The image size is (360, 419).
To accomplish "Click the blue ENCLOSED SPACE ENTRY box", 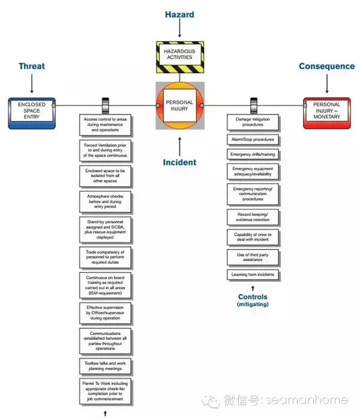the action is pyautogui.click(x=32, y=113).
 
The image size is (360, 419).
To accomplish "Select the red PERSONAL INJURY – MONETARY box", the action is pyautogui.click(x=327, y=113).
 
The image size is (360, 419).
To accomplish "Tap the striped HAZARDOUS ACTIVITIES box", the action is pyautogui.click(x=180, y=57).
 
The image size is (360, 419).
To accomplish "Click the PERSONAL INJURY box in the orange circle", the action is pyautogui.click(x=179, y=105).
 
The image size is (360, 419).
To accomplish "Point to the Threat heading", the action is pyautogui.click(x=32, y=66).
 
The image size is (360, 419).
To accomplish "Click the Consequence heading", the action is pyautogui.click(x=327, y=66).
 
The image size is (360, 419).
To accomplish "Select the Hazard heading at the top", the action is pyautogui.click(x=179, y=14).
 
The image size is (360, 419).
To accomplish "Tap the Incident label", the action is pyautogui.click(x=179, y=162).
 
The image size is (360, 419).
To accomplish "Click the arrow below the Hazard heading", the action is pyautogui.click(x=180, y=28).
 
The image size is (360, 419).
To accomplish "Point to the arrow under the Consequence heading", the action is pyautogui.click(x=327, y=84).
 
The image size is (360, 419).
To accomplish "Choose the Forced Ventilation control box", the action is pyautogui.click(x=106, y=150).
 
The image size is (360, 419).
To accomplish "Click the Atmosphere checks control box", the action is pyautogui.click(x=106, y=202).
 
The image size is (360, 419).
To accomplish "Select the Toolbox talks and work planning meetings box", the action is pyautogui.click(x=106, y=366).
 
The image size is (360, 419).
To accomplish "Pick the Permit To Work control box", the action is pyautogui.click(x=106, y=391).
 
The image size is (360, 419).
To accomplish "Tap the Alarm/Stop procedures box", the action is pyautogui.click(x=253, y=140).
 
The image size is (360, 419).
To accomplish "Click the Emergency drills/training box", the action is pyautogui.click(x=253, y=155).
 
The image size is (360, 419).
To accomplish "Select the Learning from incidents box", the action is pyautogui.click(x=253, y=275).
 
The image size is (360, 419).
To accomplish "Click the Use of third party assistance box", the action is pyautogui.click(x=253, y=257).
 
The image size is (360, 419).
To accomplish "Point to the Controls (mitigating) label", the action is pyautogui.click(x=253, y=300).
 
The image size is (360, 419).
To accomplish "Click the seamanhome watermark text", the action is pyautogui.click(x=307, y=400).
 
